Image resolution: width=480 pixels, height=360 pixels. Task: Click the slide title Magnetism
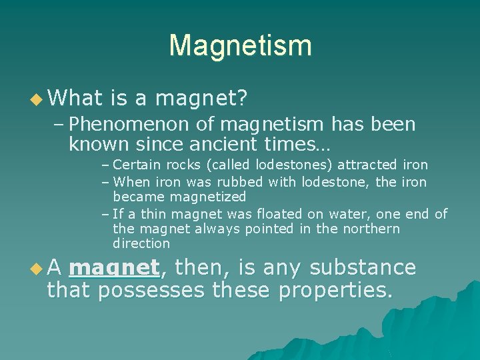(240, 45)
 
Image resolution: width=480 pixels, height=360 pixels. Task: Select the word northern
(369, 229)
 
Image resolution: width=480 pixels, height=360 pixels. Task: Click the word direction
(141, 243)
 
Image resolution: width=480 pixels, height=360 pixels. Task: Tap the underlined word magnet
(114, 268)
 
